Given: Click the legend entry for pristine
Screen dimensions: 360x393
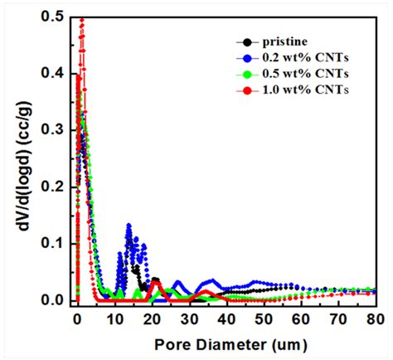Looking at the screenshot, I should (x=284, y=41).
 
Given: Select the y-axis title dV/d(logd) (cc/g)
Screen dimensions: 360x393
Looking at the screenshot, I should (x=18, y=158).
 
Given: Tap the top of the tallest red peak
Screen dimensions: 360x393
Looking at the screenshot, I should (x=81, y=19).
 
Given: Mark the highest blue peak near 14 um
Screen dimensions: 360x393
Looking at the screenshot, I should (x=129, y=225).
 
